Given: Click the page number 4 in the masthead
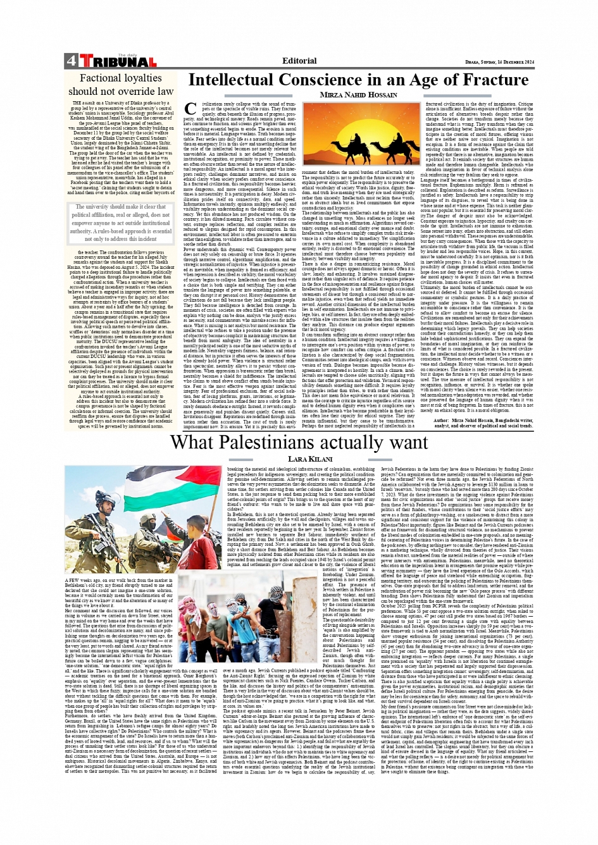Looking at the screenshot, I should pos(70,61).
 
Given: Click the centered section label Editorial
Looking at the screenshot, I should pos(299,61).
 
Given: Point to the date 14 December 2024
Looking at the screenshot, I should pos(506,62).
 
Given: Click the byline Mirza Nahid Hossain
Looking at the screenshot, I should pos(358,95).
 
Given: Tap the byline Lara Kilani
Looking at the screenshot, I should pos(310,459).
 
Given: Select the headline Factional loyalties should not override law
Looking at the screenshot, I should pos(120,85).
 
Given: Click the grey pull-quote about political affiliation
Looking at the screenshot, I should pos(120,223).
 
